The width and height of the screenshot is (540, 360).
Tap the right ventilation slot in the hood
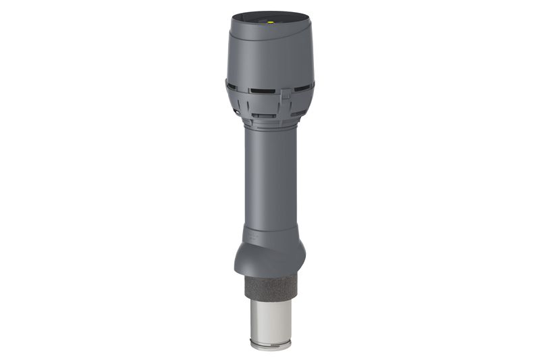click(303, 87)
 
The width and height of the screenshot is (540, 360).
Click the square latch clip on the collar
click(286, 95)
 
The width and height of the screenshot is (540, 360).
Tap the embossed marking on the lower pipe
click(250, 236)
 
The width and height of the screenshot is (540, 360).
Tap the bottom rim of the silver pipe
click(270, 346)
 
